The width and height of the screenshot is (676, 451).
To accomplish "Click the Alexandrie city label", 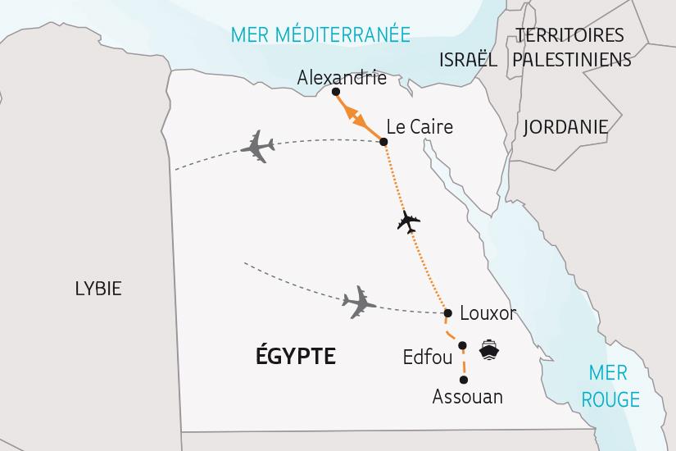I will click(342, 78).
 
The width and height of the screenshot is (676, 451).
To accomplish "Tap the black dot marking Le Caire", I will click(384, 142).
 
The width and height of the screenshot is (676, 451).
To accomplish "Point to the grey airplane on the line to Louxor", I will click(358, 303).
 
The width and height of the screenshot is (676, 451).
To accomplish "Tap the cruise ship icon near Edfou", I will click(490, 350).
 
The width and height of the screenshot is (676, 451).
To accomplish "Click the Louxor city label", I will click(488, 313).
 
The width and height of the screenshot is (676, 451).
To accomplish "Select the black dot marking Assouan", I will click(464, 380).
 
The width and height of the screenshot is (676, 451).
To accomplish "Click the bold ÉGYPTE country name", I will click(296, 356).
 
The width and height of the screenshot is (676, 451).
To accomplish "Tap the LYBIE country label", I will click(98, 289).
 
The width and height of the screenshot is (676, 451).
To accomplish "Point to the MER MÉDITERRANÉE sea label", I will click(320, 34).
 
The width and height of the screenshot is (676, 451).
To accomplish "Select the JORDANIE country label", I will click(565, 127).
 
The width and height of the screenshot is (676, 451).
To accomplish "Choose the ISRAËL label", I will click(468, 60).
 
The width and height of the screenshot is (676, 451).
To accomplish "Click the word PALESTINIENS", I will click(572, 60).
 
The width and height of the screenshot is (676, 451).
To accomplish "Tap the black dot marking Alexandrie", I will click(336, 92).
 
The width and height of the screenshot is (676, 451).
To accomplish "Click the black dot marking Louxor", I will click(447, 313).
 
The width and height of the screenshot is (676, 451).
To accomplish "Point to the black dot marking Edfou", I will click(463, 345).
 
